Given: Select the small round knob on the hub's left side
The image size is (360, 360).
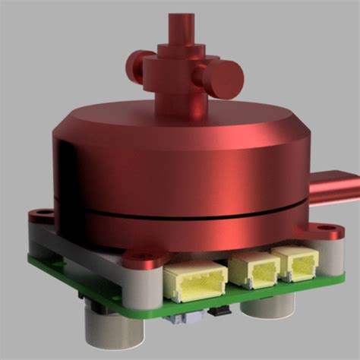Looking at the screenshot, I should point(137,67).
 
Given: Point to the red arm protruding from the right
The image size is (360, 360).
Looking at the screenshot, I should point(333,188).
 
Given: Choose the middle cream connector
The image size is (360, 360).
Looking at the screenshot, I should point(254,269).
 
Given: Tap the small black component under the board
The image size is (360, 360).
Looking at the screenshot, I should point(219,311).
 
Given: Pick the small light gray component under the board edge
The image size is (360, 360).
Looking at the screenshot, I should point(182,319).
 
